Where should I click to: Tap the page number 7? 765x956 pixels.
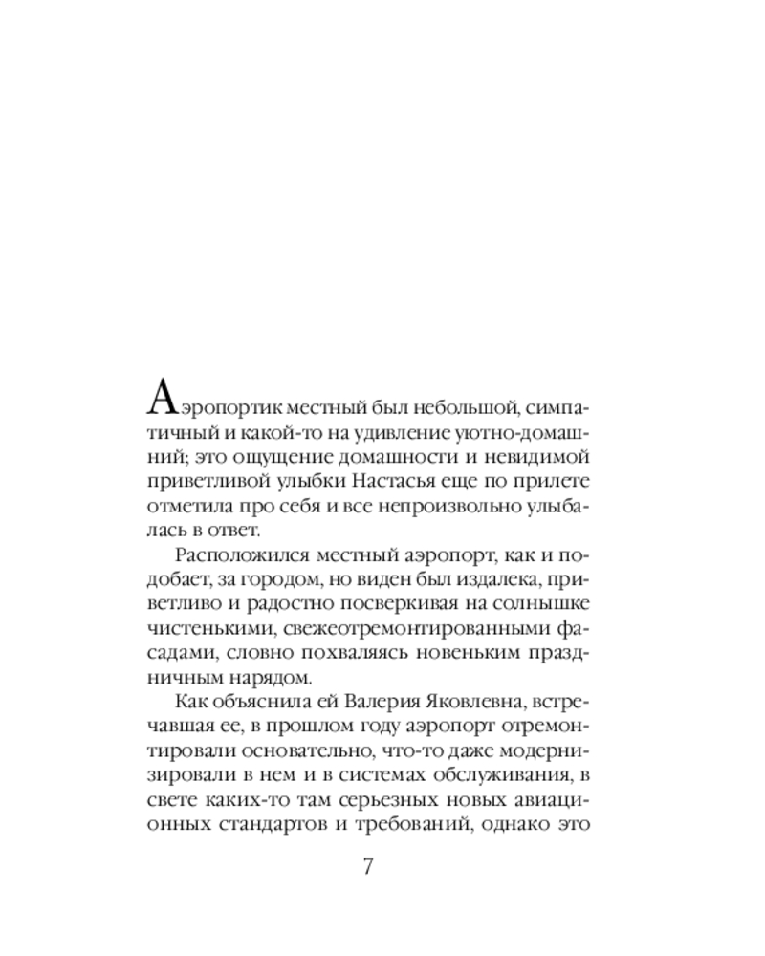(x=368, y=867)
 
